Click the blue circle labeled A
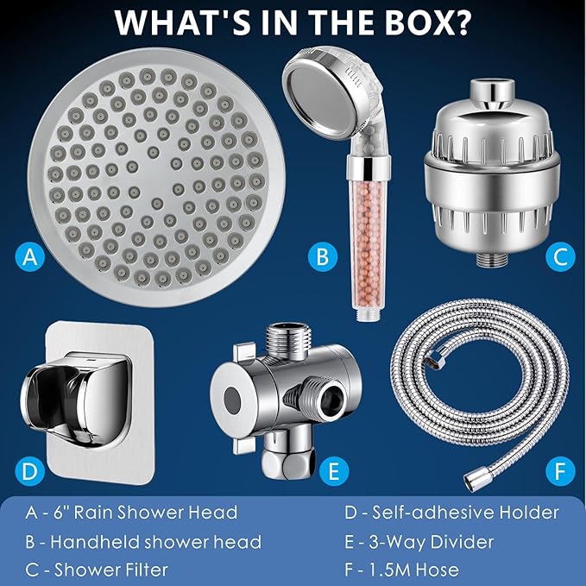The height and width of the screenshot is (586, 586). coord(30,256)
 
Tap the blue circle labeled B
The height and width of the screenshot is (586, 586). coord(323,256)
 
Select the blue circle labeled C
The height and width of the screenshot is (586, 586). coord(560,256)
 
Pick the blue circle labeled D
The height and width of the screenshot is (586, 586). coord(30,471)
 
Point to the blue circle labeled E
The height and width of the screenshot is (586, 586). coord(334,471)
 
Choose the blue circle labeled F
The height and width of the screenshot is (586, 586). coord(560,471)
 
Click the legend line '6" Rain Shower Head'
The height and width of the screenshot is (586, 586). coord(145,512)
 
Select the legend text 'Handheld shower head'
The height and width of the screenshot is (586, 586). coord(155,542)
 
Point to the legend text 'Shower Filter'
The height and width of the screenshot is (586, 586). coord(111,570)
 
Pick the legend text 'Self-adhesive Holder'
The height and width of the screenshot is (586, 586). coord(465,512)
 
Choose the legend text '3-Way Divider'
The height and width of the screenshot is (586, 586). coord(432,542)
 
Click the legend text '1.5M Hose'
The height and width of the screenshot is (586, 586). coord(414,570)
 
